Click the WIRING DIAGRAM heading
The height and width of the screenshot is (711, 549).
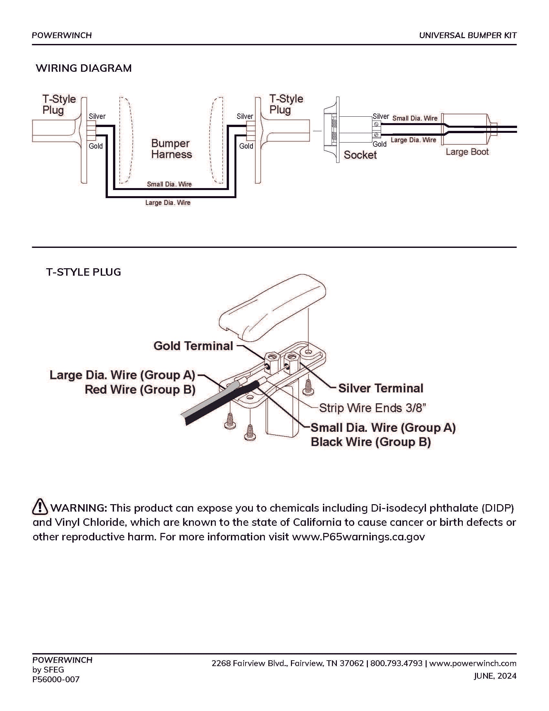84,68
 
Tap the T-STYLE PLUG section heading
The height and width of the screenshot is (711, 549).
84,272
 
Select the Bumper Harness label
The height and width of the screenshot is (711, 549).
171,149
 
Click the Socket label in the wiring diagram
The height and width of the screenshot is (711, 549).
360,155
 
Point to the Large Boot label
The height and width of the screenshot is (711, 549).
467,152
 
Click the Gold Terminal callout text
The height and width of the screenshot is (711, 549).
193,346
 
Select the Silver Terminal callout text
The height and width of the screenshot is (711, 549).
381,388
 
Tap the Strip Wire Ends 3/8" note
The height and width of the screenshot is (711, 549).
373,408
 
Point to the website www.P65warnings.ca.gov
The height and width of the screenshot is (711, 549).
358,536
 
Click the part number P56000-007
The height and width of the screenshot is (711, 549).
56,679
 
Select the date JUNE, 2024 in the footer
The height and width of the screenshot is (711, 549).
495,676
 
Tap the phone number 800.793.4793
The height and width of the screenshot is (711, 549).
397,663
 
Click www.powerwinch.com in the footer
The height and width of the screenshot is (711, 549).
473,663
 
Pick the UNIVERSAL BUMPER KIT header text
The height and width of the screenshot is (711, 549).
468,35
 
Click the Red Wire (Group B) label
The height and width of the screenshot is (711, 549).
140,389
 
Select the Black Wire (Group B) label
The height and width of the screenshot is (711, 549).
371,442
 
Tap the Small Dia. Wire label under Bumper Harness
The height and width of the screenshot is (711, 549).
169,184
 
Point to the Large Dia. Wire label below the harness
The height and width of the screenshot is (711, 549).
168,203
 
